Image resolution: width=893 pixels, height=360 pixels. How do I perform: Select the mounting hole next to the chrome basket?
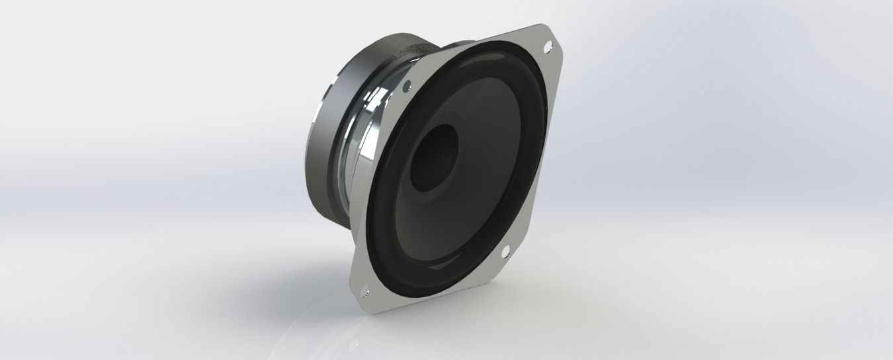[407, 84]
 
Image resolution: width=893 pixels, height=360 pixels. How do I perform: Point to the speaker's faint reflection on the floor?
[370, 331]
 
